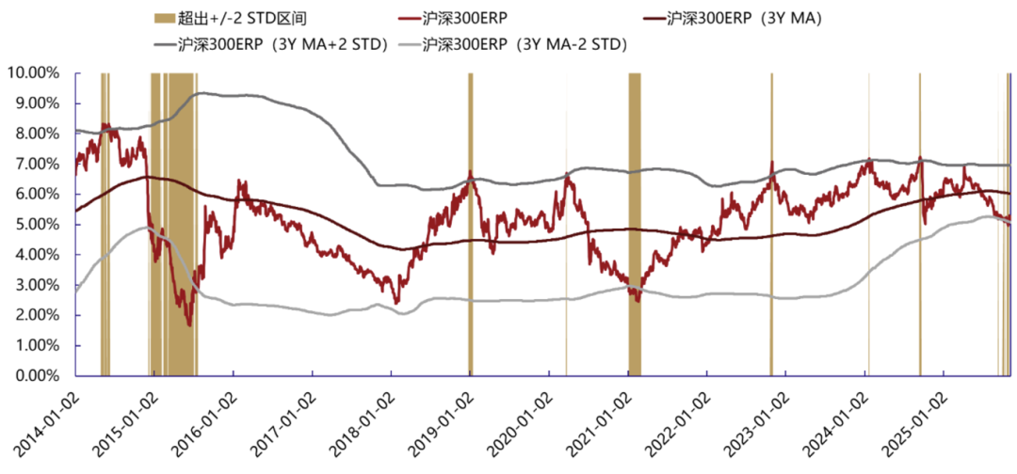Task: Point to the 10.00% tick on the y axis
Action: coord(34,72)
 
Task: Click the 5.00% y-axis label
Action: coord(38,224)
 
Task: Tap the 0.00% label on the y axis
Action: coord(38,375)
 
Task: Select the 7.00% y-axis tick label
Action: coord(38,164)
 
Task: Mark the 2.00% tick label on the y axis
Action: coord(38,315)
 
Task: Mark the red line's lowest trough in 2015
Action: coord(189,325)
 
